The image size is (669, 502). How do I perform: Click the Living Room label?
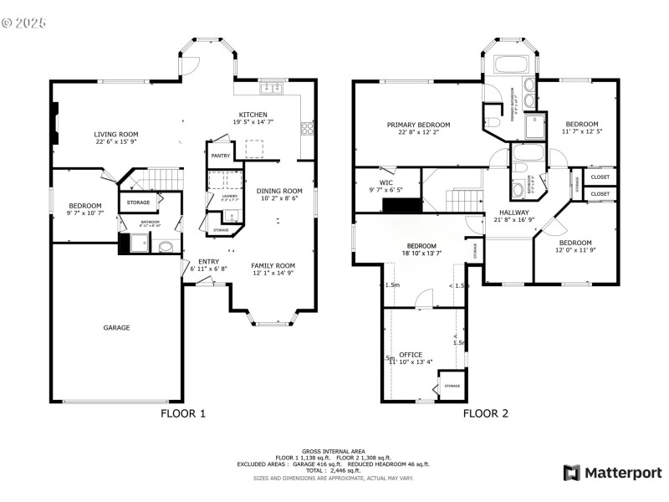click(115, 134)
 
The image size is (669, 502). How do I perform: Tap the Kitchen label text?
click(253, 114)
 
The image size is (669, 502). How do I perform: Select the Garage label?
click(116, 327)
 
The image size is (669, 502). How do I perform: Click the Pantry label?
click(221, 156)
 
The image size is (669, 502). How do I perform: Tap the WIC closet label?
click(386, 182)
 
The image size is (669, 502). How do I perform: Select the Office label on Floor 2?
click(411, 354)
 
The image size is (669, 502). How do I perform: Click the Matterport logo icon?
click(572, 473)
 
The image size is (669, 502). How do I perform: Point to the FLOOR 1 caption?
click(182, 413)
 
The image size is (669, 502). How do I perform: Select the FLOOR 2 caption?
click(486, 413)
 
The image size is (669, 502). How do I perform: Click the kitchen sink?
click(273, 89)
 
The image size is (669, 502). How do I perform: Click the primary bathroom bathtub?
click(508, 65)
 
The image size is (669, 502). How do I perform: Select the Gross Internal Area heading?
click(334, 450)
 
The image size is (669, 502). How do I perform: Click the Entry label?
click(208, 261)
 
